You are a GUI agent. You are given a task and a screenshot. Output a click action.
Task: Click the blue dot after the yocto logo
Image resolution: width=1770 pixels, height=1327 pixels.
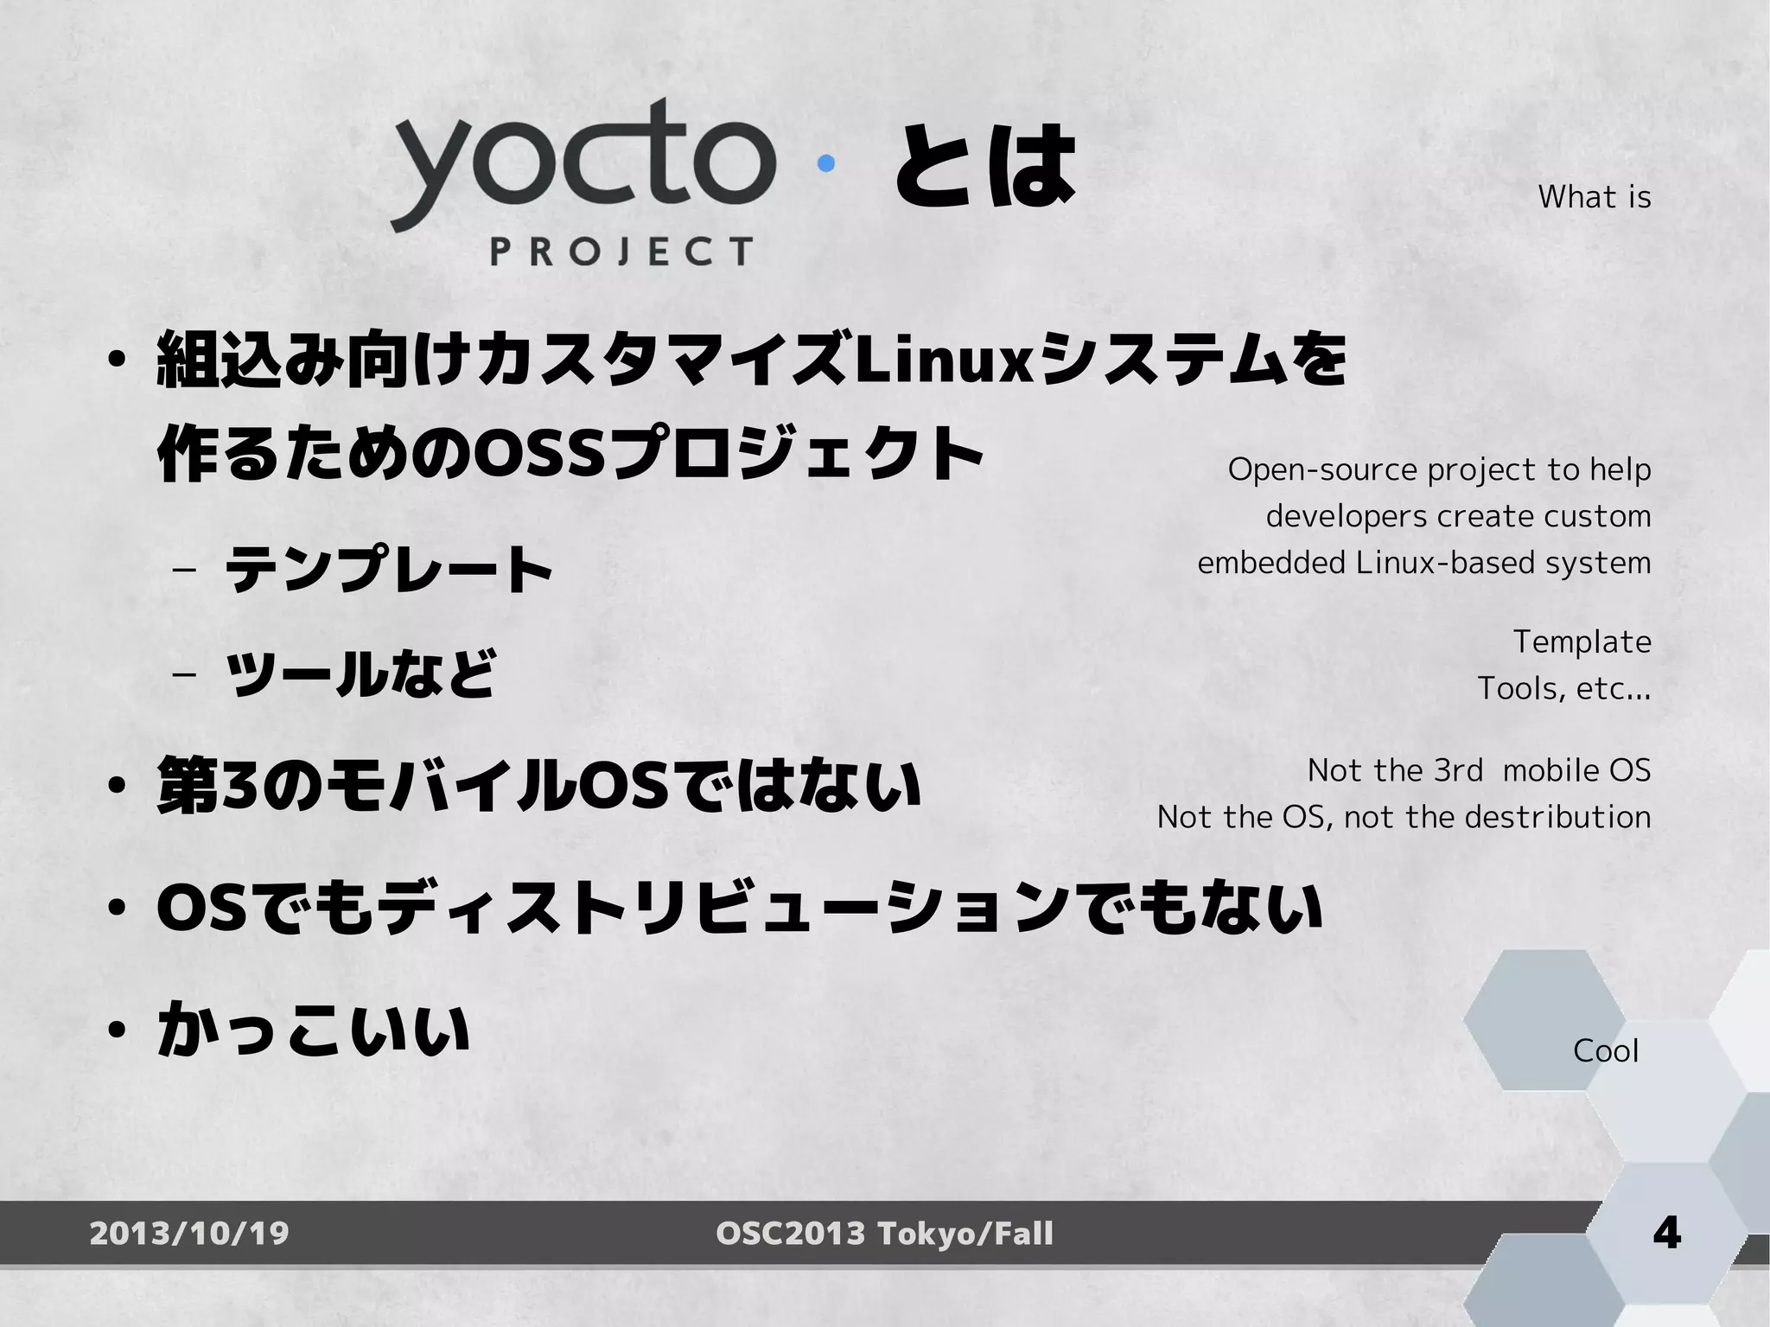point(826,163)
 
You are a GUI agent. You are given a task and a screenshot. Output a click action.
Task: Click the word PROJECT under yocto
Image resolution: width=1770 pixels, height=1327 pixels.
point(621,252)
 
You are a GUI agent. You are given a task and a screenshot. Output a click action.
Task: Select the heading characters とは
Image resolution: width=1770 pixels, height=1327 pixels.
point(984,165)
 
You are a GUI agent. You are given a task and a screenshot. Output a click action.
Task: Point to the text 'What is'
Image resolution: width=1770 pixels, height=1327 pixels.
point(1594,197)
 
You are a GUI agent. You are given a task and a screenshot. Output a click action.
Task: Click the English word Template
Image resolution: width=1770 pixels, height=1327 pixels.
point(1582,641)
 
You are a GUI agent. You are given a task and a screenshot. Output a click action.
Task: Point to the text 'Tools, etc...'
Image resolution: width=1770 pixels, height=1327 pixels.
point(1563,688)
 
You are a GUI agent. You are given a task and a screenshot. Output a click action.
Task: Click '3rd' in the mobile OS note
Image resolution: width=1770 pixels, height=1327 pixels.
point(1457,769)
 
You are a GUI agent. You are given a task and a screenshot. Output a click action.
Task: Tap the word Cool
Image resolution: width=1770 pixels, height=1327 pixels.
point(1605,1050)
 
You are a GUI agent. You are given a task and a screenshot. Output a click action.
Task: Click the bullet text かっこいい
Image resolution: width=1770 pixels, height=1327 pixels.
point(313,1029)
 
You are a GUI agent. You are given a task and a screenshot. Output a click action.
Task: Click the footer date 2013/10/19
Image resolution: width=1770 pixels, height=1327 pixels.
point(189,1233)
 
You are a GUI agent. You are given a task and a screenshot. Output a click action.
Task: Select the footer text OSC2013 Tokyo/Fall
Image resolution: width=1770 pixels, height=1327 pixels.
point(884,1233)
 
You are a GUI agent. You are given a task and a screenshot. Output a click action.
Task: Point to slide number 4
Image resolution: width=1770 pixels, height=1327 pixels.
point(1666,1232)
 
